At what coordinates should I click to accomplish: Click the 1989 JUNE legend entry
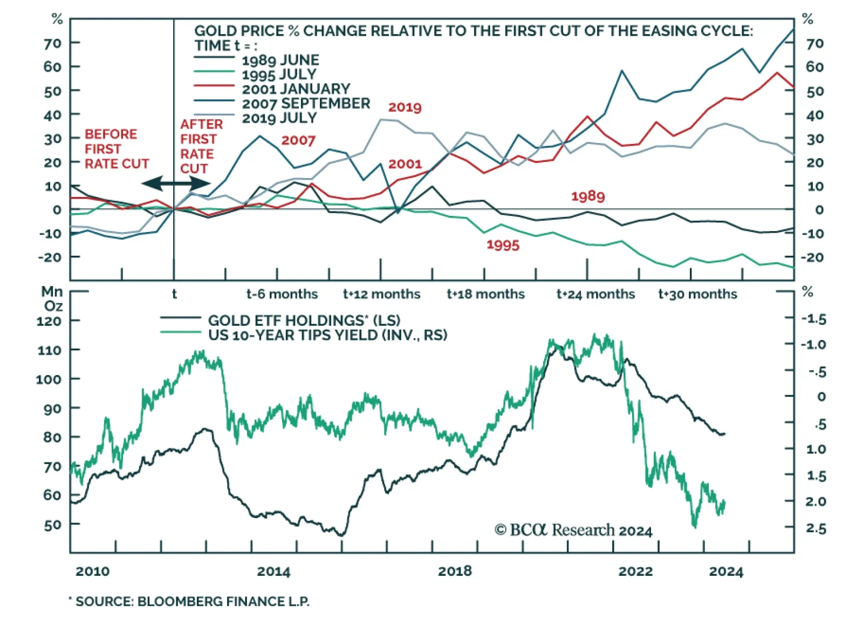(280, 60)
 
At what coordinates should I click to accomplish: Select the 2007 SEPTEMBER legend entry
(306, 103)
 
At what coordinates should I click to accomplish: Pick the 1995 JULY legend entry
(279, 74)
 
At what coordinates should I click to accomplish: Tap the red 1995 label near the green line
(503, 245)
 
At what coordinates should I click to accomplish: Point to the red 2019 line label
(405, 107)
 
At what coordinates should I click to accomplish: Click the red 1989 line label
(588, 196)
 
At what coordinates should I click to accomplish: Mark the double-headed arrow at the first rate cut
(176, 183)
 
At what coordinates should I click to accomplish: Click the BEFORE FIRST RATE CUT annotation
(116, 149)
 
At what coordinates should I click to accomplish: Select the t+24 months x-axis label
(595, 294)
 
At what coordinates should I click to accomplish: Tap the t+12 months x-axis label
(381, 294)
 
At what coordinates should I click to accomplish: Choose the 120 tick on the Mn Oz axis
(49, 321)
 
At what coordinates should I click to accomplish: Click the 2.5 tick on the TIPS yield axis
(816, 528)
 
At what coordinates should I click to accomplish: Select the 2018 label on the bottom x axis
(455, 571)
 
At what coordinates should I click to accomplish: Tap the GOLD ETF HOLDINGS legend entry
(304, 321)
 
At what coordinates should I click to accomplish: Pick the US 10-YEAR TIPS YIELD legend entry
(327, 335)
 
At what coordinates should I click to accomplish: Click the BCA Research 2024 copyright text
(573, 530)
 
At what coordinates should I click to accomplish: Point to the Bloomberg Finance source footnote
(191, 602)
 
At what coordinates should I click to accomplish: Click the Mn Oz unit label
(52, 298)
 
